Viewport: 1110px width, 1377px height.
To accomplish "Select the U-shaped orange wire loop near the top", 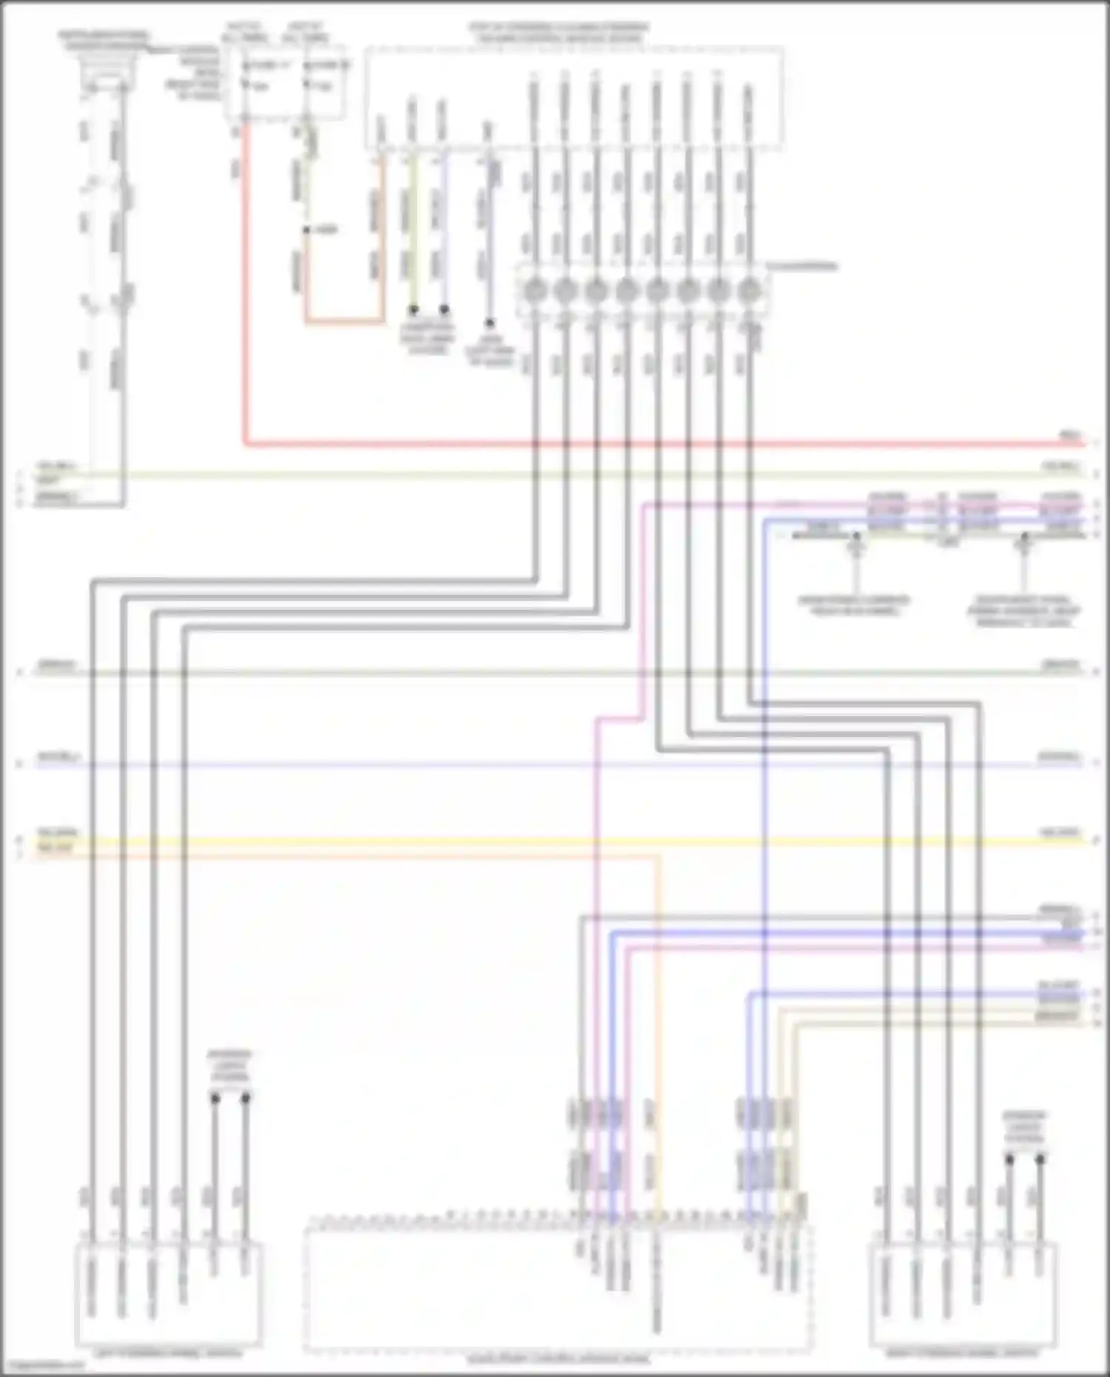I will pyautogui.click(x=344, y=322).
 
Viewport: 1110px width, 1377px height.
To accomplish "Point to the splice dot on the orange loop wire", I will pyautogui.click(x=306, y=230).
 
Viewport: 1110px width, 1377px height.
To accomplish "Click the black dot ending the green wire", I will pyautogui.click(x=414, y=309).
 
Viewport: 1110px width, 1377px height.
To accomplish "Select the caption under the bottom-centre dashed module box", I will pyautogui.click(x=559, y=1359).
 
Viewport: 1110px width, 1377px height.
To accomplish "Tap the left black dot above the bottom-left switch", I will pyautogui.click(x=215, y=1098).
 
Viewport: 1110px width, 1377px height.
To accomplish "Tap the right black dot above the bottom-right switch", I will pyautogui.click(x=1040, y=1159).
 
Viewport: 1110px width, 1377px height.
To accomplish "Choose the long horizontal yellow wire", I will pyautogui.click(x=555, y=841).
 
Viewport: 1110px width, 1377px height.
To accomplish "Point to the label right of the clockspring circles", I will pyautogui.click(x=803, y=265).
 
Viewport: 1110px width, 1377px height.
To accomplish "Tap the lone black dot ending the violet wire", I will pyautogui.click(x=488, y=323).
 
